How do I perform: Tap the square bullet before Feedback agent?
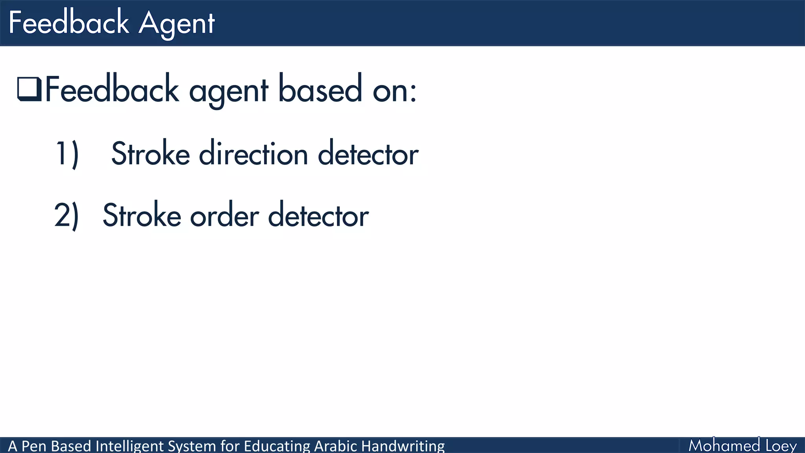(x=29, y=89)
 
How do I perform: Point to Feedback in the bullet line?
(x=112, y=90)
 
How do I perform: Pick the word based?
(x=320, y=90)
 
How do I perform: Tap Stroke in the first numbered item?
(x=151, y=154)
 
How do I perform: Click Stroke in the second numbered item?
(x=142, y=215)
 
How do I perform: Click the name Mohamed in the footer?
(x=724, y=446)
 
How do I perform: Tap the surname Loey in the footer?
(x=781, y=446)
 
